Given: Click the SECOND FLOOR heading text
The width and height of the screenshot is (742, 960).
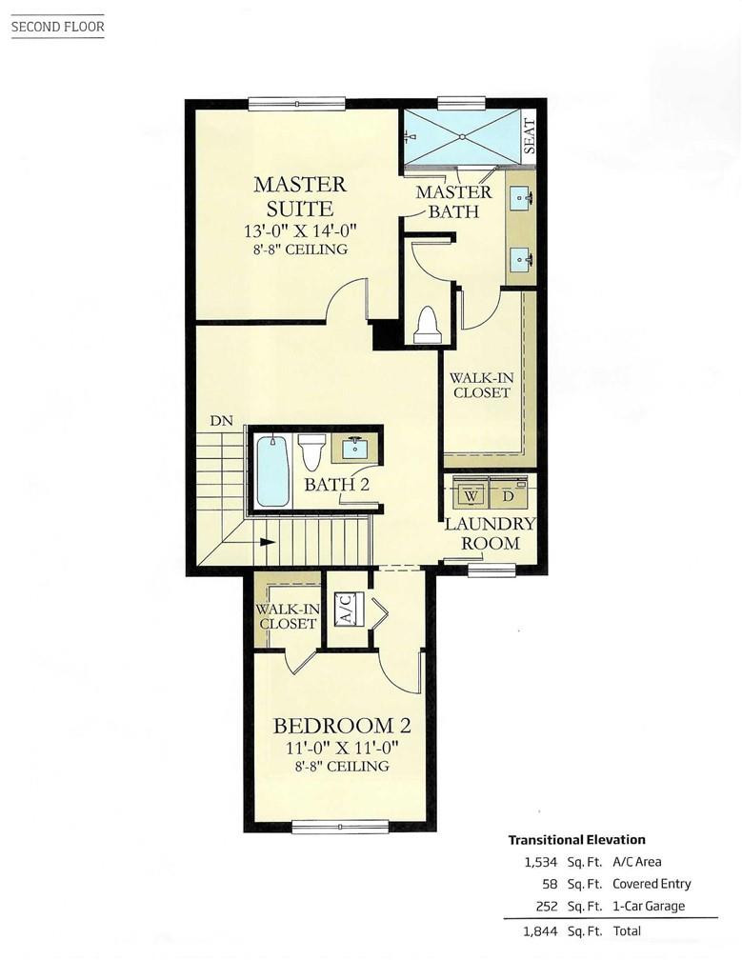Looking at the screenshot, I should pyautogui.click(x=57, y=27).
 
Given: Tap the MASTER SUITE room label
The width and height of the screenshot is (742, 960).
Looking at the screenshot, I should pyautogui.click(x=300, y=196).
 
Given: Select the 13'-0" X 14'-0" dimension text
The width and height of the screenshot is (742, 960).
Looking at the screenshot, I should pyautogui.click(x=299, y=230).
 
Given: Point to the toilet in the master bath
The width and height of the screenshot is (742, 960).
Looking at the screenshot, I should pyautogui.click(x=426, y=326).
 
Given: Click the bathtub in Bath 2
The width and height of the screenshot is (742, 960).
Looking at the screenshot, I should pyautogui.click(x=273, y=470).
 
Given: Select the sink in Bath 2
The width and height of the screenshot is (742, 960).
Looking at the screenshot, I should pyautogui.click(x=356, y=448).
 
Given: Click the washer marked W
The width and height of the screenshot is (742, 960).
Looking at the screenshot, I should pyautogui.click(x=471, y=496).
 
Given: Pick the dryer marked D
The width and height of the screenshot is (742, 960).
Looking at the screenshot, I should pyautogui.click(x=509, y=496).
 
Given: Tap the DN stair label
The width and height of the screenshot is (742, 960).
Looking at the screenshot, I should pyautogui.click(x=221, y=421).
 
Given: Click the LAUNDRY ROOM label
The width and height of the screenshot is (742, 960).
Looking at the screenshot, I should pyautogui.click(x=491, y=533).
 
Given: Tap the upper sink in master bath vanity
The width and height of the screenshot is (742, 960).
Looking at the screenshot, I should pyautogui.click(x=522, y=199).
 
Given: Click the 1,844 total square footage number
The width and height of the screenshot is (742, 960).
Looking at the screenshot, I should pyautogui.click(x=540, y=930).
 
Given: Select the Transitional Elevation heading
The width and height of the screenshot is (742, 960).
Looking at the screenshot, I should pyautogui.click(x=576, y=840).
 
